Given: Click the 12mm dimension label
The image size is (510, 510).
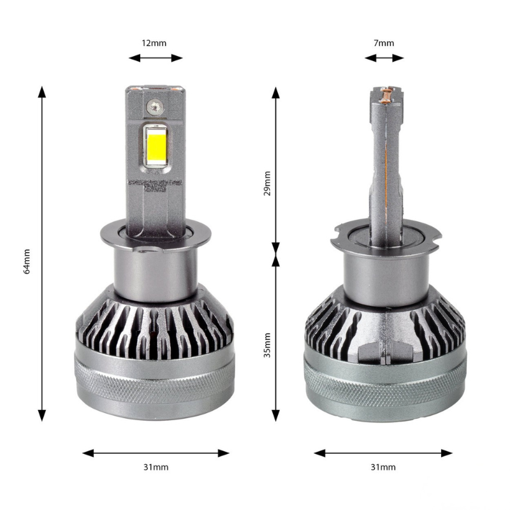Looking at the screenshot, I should (155, 43).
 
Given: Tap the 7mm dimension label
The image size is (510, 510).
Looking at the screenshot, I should (384, 43).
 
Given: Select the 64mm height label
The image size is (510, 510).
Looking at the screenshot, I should (27, 261).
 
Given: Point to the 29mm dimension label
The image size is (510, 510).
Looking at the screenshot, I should (267, 184).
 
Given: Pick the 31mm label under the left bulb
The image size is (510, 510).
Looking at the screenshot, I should (156, 467).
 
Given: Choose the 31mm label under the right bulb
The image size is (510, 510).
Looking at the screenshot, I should (383, 467).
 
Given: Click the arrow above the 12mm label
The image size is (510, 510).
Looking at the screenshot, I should (156, 58).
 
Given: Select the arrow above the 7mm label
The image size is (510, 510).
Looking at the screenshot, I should (384, 58).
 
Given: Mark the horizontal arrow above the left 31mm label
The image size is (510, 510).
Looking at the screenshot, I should (156, 453).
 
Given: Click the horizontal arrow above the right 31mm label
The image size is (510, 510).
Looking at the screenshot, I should (383, 453).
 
